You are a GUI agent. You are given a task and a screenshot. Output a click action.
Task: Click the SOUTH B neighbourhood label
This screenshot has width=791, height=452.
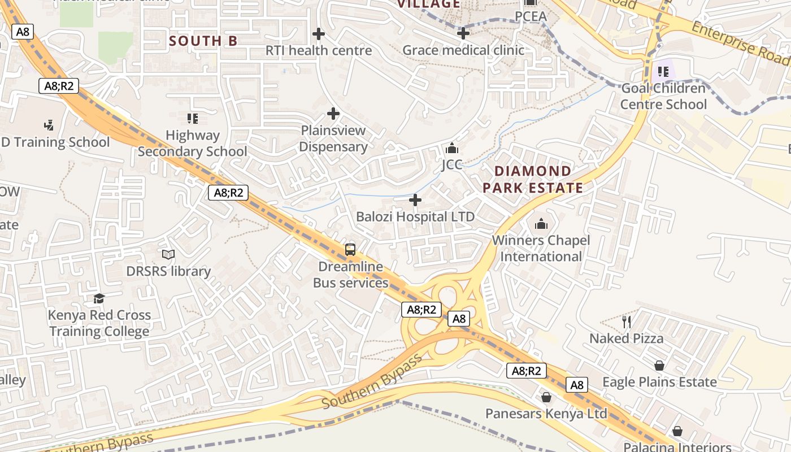[203, 41]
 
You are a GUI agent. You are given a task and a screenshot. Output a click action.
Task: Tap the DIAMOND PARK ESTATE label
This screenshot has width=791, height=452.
[533, 180]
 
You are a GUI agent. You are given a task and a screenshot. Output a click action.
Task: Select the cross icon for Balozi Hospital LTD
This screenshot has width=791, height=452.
[415, 200]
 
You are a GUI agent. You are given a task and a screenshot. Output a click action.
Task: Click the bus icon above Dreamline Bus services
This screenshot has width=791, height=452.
[350, 249]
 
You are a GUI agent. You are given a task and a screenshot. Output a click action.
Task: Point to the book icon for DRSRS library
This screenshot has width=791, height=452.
[168, 254]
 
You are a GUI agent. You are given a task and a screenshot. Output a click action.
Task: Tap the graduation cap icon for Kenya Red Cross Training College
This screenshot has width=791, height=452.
[99, 298]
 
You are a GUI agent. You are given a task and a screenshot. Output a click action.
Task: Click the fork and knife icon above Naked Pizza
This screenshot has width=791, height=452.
[626, 322]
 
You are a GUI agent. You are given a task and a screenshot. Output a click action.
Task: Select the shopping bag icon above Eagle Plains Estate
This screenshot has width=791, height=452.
[659, 366]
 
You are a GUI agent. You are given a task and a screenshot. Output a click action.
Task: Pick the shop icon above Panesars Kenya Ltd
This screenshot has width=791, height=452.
[546, 397]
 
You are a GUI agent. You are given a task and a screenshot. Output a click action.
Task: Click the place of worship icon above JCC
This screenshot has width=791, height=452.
[451, 149]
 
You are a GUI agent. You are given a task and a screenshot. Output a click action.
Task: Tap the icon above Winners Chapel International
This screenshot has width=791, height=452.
[541, 224]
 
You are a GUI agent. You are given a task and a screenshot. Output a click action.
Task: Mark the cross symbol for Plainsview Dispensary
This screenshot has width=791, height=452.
[333, 114]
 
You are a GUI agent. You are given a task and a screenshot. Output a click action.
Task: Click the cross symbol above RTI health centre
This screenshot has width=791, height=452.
[319, 34]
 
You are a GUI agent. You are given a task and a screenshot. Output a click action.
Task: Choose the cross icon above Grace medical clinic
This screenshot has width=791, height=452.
[463, 33]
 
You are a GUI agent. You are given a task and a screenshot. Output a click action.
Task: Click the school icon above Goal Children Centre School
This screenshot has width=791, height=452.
[663, 72]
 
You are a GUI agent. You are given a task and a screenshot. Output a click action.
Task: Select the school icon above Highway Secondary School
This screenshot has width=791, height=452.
[193, 119]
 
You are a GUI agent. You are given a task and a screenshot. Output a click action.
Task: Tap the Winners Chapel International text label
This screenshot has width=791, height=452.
[541, 249]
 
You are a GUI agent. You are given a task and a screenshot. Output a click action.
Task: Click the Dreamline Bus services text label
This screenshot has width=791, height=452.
[350, 275]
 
